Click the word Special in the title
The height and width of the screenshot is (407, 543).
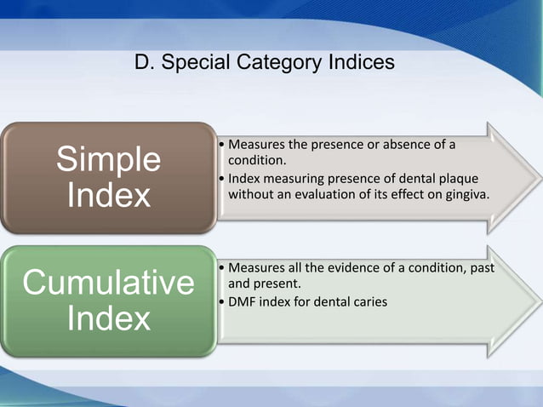195,63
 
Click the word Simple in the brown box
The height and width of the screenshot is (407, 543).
108,159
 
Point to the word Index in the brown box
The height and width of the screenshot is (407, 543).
108,196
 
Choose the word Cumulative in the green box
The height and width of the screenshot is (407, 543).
108,283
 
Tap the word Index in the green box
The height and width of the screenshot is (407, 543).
108,319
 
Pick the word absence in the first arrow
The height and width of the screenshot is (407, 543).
402,144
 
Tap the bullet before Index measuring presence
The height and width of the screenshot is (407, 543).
222,178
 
